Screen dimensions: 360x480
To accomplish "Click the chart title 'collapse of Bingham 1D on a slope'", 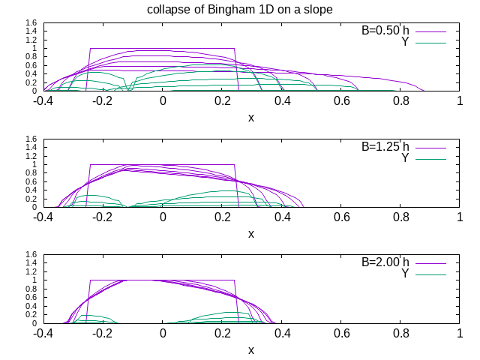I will click(x=240, y=8).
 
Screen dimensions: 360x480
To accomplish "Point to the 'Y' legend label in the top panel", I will click(x=406, y=42).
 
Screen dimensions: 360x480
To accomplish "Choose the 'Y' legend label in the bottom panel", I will click(x=406, y=274).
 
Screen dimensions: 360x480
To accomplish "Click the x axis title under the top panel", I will click(x=251, y=118).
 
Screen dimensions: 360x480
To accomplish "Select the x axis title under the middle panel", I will click(x=251, y=233).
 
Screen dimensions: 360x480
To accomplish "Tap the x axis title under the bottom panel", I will click(x=251, y=349).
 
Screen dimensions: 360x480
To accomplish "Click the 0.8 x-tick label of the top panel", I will click(x=401, y=101).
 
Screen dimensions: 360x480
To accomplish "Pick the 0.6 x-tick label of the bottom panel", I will click(x=342, y=333).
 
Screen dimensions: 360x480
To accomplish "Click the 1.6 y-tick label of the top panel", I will click(x=31, y=23).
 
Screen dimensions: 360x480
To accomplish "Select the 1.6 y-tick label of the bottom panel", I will click(x=31, y=255).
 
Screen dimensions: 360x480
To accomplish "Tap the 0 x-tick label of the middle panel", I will click(x=163, y=217).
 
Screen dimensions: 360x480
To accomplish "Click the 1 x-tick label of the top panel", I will click(x=460, y=101).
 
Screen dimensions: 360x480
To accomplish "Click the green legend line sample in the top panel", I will click(x=430, y=43).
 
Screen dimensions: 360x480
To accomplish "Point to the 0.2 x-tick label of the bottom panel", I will click(x=223, y=333).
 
